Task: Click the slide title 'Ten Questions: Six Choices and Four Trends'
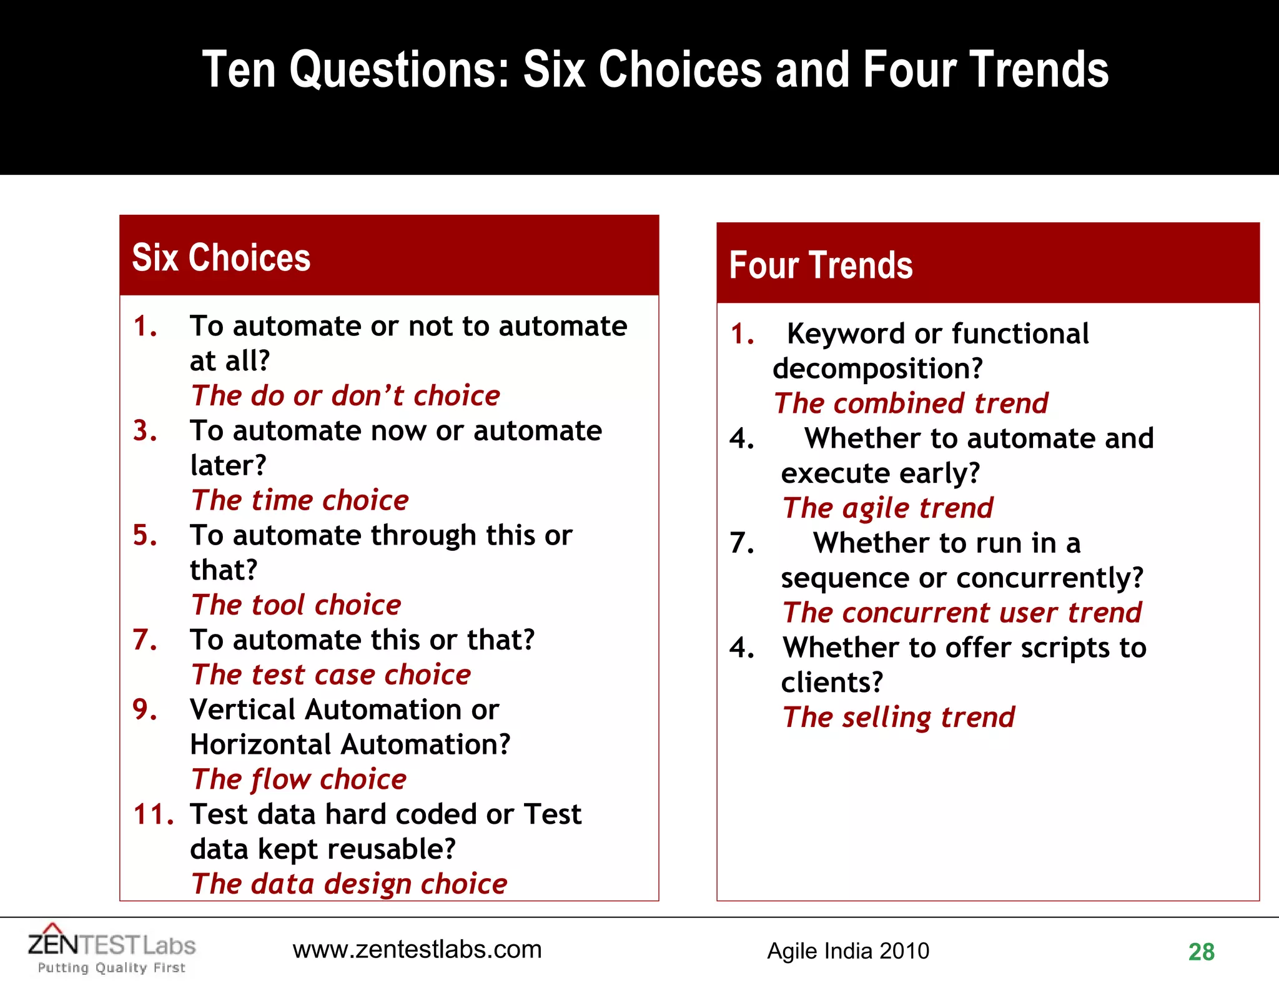point(654,70)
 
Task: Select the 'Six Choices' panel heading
point(221,257)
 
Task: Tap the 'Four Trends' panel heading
point(821,265)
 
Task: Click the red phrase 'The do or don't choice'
point(345,396)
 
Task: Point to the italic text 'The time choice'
point(300,500)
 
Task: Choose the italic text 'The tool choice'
point(296,605)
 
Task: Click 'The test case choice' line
point(331,675)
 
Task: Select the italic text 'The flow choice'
point(299,779)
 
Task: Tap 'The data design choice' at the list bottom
point(349,884)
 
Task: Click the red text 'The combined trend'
point(911,403)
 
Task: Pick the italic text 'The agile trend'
point(887,508)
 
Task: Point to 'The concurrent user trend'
point(962,613)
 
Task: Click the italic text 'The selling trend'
point(899,717)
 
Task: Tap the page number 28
point(1201,952)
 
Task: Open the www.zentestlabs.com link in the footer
point(417,950)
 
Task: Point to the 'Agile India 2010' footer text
point(847,951)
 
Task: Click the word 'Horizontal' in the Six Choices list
point(260,744)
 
